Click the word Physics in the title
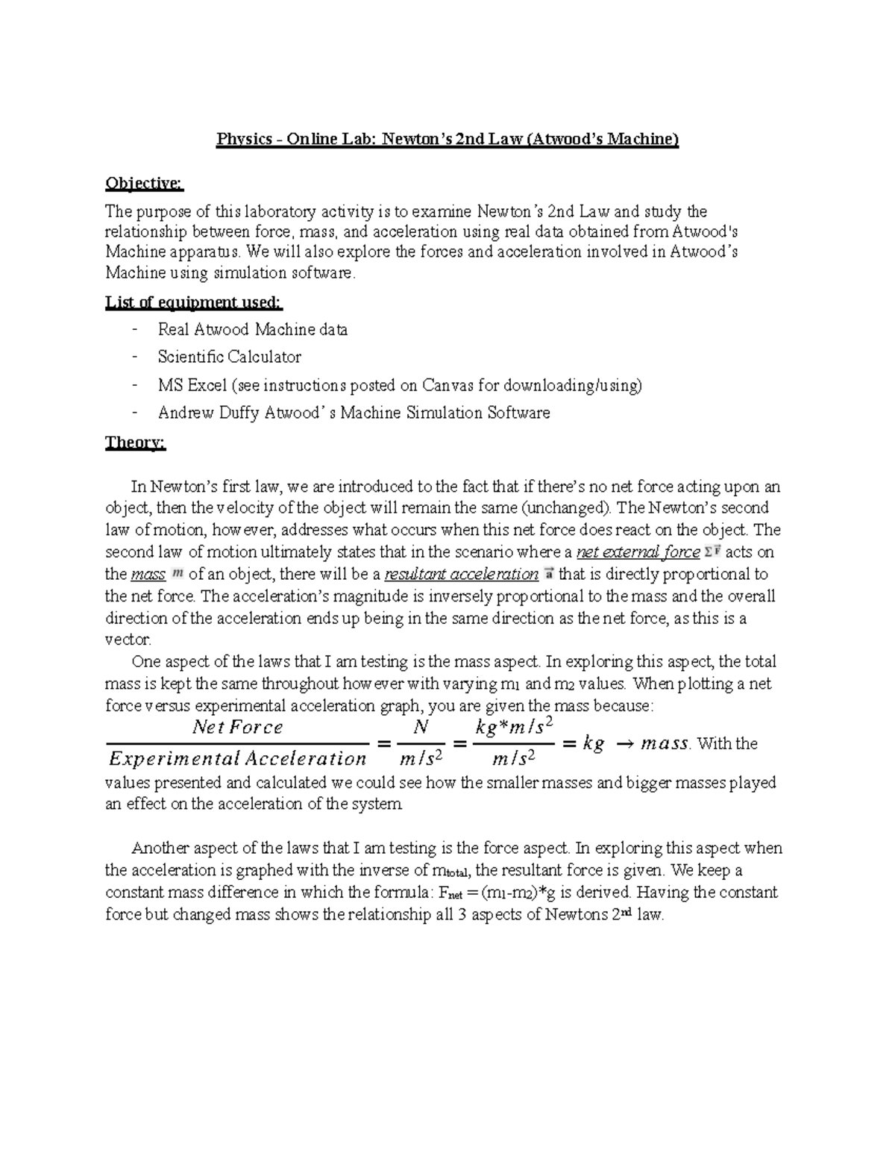click(x=243, y=140)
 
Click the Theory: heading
click(x=135, y=443)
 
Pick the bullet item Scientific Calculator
click(x=229, y=357)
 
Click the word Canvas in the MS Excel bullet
click(x=447, y=385)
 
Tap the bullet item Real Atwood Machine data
click(x=252, y=329)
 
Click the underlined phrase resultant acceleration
click(x=461, y=575)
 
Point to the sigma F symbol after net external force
click(x=712, y=552)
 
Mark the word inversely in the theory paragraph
click(x=442, y=596)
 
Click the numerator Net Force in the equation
click(x=237, y=727)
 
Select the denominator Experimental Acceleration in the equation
click(x=237, y=759)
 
